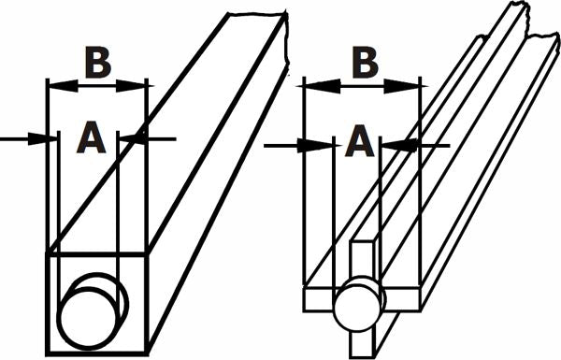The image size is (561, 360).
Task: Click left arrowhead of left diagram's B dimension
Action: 54,84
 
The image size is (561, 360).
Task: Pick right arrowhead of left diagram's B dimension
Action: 140,84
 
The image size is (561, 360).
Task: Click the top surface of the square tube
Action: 168,140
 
